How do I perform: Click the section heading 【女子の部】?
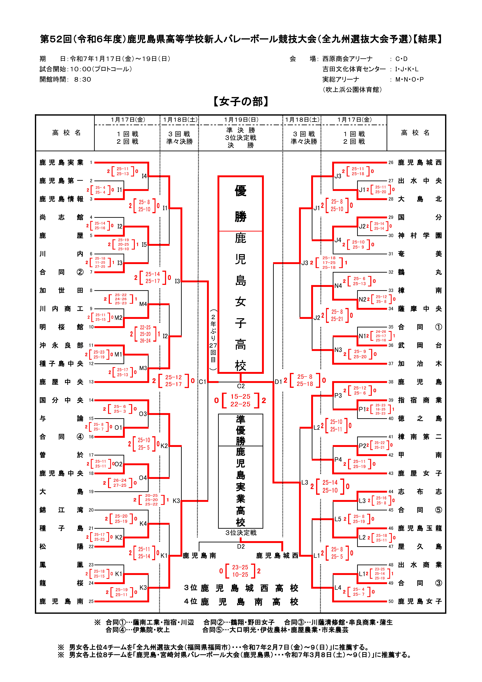coord(241,102)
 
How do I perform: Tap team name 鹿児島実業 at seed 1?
coord(62,162)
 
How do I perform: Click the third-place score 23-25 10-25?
coord(240,571)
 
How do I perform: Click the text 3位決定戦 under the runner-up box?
coord(241,533)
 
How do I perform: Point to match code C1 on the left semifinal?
coord(202,382)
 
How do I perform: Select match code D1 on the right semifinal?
coord(278,382)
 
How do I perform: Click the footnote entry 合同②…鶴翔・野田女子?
coord(239,622)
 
